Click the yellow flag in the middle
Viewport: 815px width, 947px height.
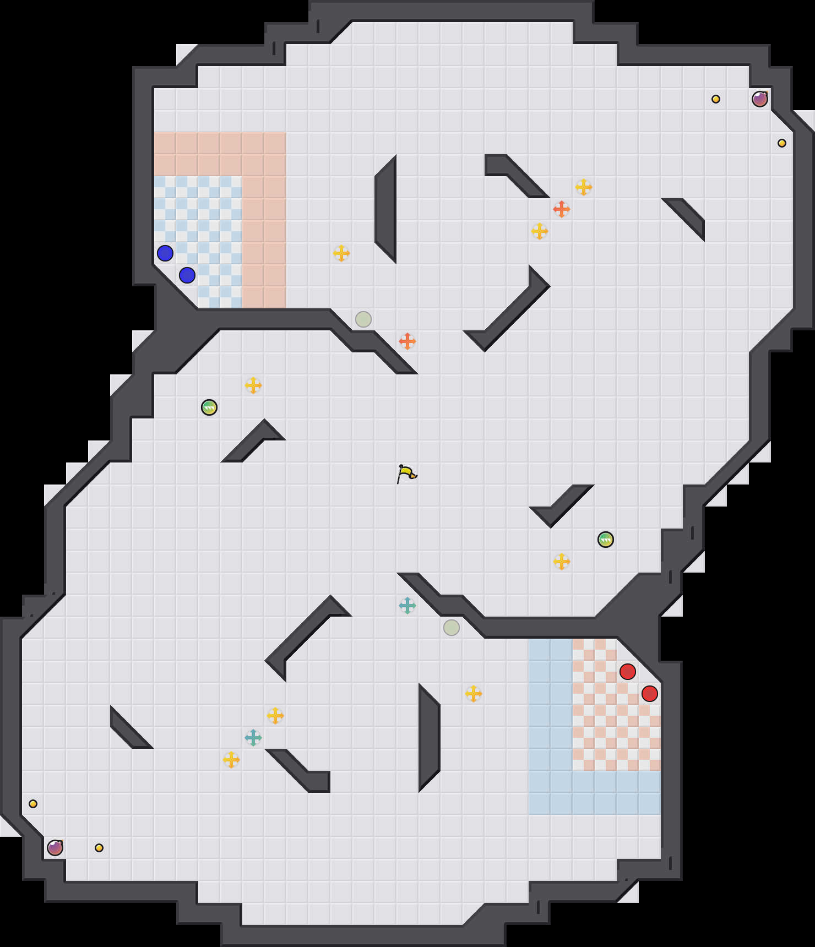click(406, 473)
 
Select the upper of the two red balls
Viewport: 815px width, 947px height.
click(628, 672)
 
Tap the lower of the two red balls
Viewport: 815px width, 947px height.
click(650, 694)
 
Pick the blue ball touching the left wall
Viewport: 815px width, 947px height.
click(165, 253)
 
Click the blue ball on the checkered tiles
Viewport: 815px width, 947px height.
click(187, 275)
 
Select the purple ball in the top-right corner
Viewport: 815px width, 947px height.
click(760, 99)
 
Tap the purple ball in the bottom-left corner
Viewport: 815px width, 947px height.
click(55, 848)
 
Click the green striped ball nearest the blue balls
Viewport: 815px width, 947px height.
click(209, 407)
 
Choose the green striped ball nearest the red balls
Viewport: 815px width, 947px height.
click(606, 540)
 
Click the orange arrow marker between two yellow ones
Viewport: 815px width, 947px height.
click(562, 209)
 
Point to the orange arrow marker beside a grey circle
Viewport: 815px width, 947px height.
click(407, 341)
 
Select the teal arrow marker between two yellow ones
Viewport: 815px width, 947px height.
click(253, 738)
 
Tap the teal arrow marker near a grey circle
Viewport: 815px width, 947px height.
click(407, 606)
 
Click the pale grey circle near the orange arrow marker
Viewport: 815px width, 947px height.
click(363, 319)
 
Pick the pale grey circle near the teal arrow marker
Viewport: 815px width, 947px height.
click(452, 628)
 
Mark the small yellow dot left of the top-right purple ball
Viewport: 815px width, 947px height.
click(716, 99)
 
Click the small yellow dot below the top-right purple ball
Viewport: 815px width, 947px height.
click(782, 143)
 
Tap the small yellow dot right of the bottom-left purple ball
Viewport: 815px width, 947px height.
click(99, 848)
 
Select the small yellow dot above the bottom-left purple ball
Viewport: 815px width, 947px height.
click(33, 804)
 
